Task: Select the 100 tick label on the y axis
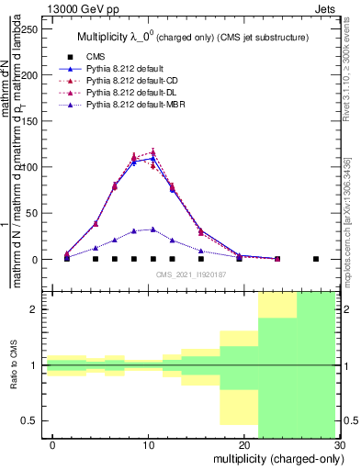coord(33,167)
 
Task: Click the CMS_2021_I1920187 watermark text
coord(190,274)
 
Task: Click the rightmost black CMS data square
coord(316,259)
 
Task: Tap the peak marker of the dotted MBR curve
coord(152,229)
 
